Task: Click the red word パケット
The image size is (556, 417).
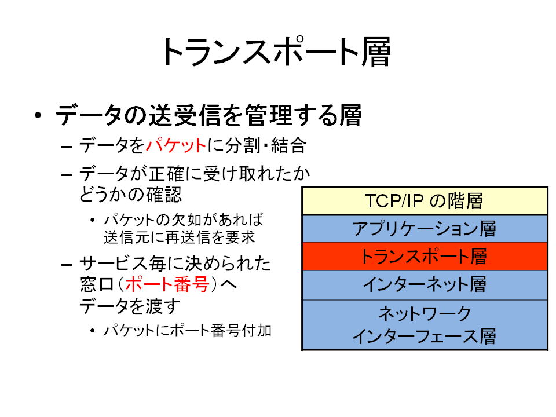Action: [176, 145]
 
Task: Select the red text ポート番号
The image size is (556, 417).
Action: [167, 284]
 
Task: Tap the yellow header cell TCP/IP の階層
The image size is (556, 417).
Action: [425, 201]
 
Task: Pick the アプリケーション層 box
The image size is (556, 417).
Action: [425, 229]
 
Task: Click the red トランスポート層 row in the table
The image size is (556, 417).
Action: [425, 257]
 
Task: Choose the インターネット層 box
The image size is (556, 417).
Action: [425, 285]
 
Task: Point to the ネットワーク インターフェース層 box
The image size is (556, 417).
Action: [425, 325]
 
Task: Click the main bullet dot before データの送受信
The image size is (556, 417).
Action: [38, 115]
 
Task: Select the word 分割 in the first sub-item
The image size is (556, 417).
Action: [243, 145]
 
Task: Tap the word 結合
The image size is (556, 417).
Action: [288, 145]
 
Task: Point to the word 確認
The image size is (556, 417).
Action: [164, 195]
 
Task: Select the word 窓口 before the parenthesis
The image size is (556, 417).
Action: [97, 284]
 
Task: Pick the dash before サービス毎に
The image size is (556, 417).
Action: [67, 265]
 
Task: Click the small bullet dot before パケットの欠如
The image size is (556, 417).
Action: [93, 220]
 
